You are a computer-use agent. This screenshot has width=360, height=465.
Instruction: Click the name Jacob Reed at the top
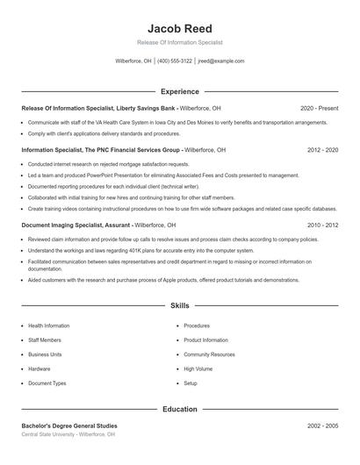click(x=180, y=28)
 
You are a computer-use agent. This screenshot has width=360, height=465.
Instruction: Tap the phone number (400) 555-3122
click(x=176, y=61)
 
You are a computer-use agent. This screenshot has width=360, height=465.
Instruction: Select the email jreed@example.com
click(x=221, y=61)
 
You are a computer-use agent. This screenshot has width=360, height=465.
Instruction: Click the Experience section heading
click(x=180, y=91)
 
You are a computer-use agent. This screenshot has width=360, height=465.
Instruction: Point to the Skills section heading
click(x=180, y=305)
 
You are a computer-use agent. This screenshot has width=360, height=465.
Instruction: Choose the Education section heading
click(x=180, y=409)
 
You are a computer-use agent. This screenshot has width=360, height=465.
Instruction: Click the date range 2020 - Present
click(x=319, y=108)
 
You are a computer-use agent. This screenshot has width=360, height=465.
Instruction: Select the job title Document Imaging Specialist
click(x=63, y=225)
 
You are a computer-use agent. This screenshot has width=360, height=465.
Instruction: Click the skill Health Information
click(x=48, y=325)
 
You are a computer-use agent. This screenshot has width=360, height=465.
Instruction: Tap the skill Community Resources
click(x=209, y=354)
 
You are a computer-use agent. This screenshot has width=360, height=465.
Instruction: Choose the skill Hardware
click(x=40, y=368)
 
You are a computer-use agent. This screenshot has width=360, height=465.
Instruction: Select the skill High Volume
click(x=198, y=368)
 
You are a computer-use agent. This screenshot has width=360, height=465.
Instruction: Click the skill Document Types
click(x=47, y=383)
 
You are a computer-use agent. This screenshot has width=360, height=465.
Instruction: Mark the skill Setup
click(x=191, y=383)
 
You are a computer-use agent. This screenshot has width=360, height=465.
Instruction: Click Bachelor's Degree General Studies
click(x=68, y=426)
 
